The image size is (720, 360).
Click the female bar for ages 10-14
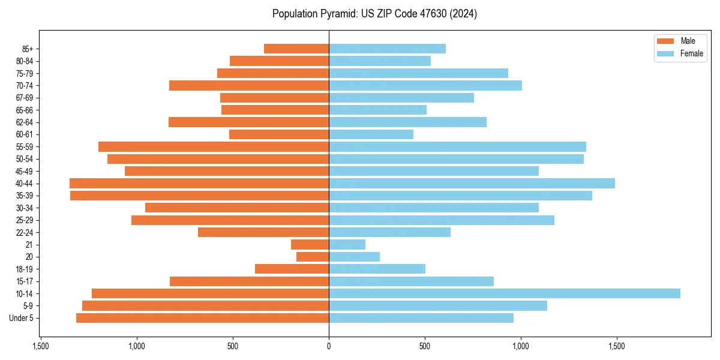(504, 293)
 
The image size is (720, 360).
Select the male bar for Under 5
(202, 318)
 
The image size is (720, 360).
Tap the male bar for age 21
(310, 245)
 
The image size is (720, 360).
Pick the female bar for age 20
(354, 257)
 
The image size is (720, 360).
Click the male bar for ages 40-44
(199, 184)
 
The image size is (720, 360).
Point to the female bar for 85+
(387, 49)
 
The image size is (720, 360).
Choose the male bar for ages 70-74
(249, 86)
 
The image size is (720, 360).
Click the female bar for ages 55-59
(457, 147)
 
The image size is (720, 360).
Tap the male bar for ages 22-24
(263, 232)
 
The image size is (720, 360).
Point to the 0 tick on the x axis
(329, 346)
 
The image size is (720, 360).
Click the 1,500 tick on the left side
(41, 346)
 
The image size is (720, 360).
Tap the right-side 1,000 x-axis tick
(521, 346)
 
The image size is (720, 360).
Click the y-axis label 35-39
(24, 196)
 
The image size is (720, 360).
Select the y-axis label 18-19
(24, 269)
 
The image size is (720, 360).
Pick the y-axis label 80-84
(24, 61)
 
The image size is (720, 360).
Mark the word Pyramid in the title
(338, 14)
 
